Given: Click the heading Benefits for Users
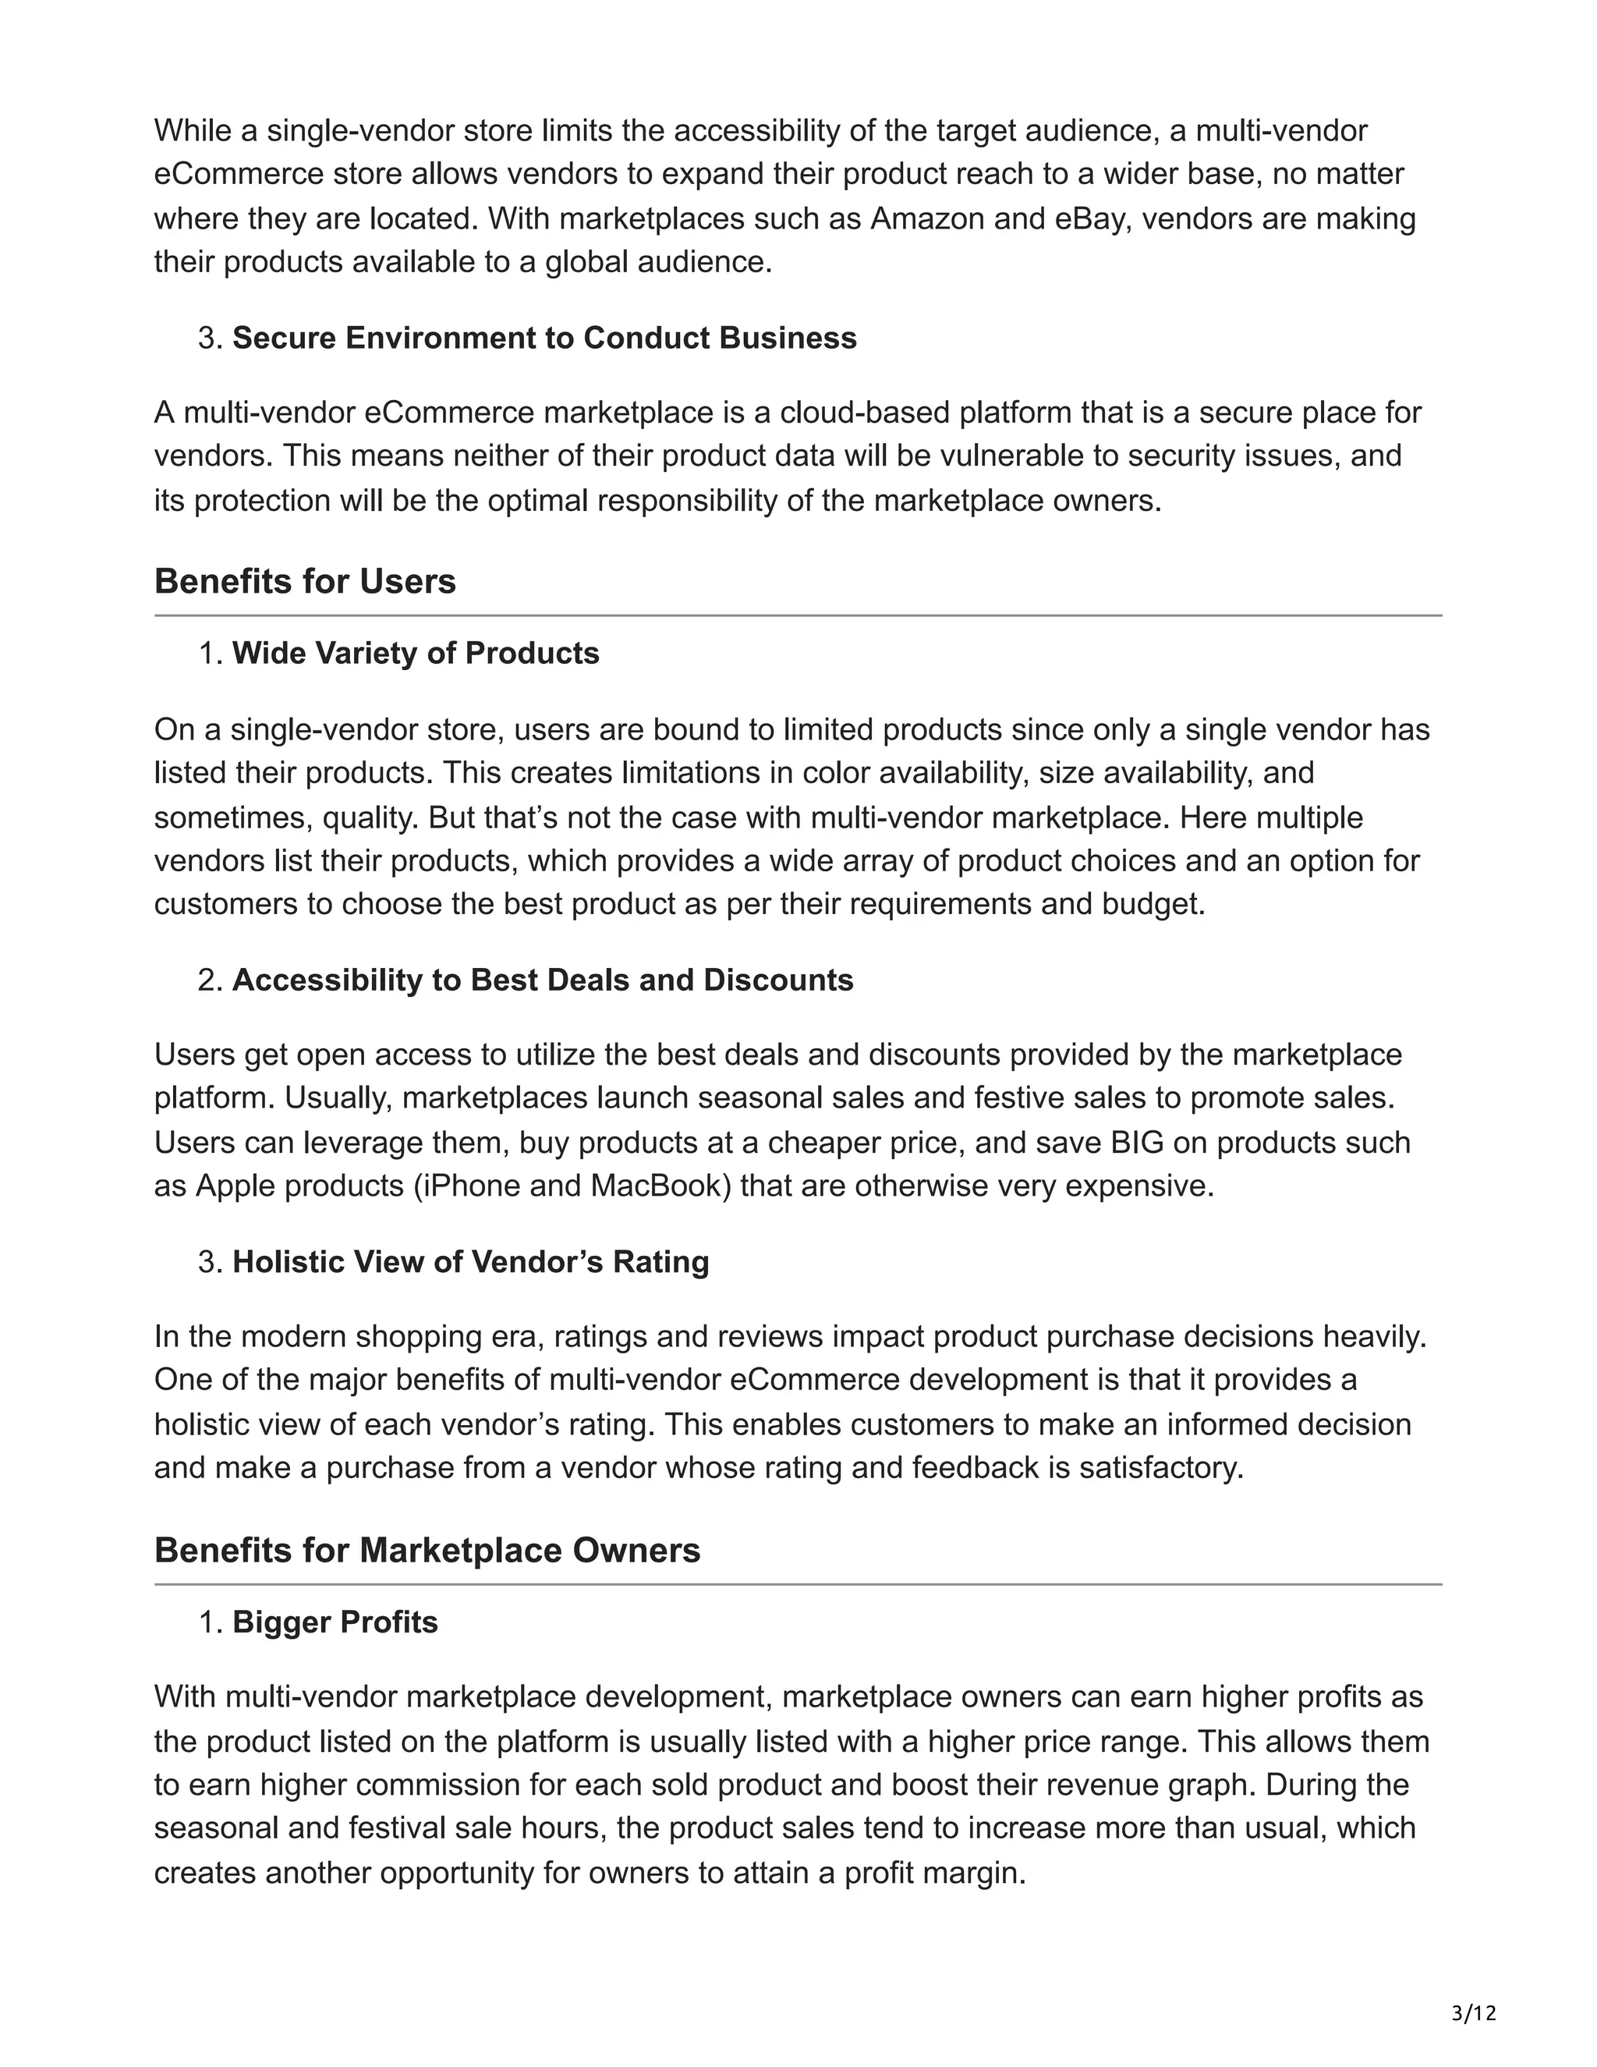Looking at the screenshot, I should (305, 581).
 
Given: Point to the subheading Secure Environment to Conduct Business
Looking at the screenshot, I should (544, 338).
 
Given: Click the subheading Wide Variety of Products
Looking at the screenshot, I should (416, 653).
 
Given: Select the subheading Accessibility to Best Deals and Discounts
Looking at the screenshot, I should (542, 980).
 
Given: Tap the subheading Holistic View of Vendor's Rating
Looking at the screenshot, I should (470, 1261).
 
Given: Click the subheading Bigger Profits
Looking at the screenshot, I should (335, 1622).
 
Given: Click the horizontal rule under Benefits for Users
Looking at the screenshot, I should (798, 616).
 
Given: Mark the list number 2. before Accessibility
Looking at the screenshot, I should (209, 980).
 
